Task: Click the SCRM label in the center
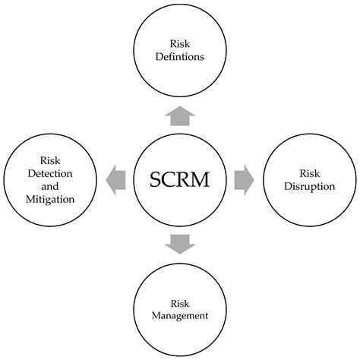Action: click(180, 180)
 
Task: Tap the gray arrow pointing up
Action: click(180, 115)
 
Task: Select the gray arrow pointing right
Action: click(244, 180)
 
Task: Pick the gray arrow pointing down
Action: click(180, 244)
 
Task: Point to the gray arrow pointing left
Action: click(116, 180)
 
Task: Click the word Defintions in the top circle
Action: click(180, 56)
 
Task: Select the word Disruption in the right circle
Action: click(309, 186)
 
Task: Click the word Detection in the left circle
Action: click(52, 173)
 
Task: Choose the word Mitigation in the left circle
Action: click(52, 200)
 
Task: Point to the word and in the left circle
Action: click(52, 187)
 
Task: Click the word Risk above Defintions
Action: click(180, 43)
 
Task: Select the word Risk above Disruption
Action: click(309, 173)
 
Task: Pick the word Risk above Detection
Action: click(52, 160)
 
